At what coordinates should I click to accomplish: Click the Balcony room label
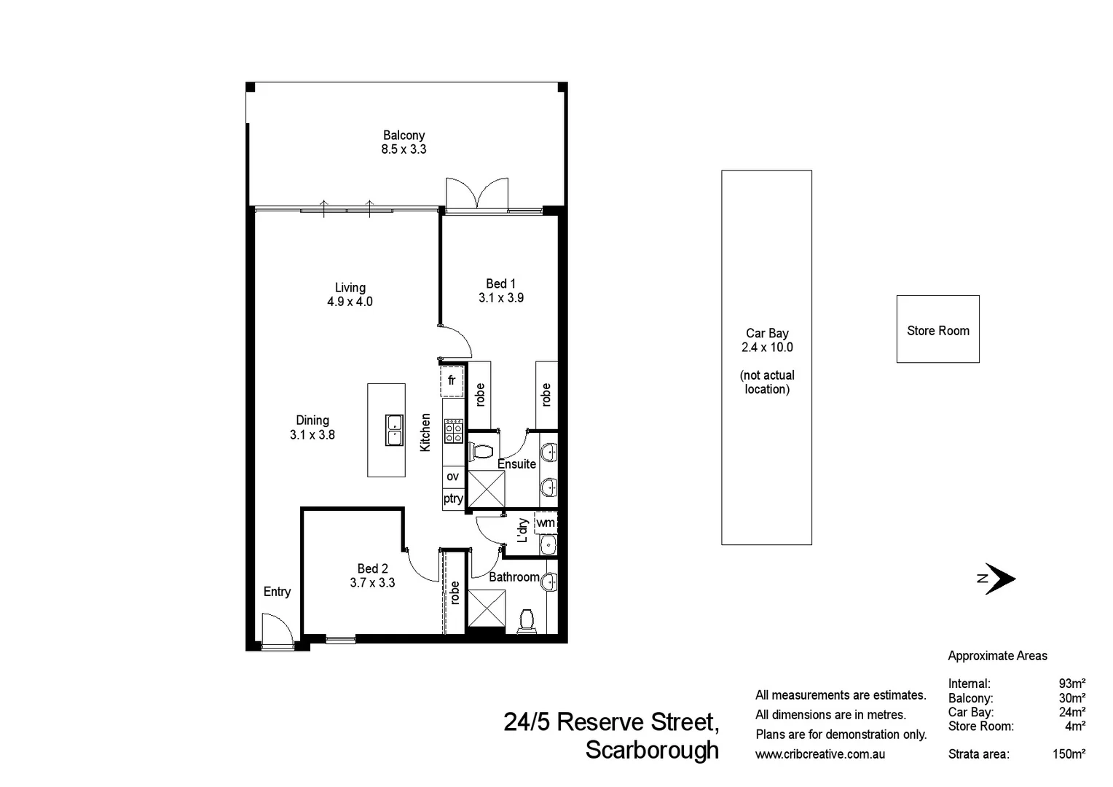click(x=404, y=135)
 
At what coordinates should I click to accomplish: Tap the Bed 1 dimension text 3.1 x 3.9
click(x=500, y=297)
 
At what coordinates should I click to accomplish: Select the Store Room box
click(x=937, y=329)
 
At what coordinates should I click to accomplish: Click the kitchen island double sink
click(x=394, y=430)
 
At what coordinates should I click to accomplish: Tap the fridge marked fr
click(x=452, y=380)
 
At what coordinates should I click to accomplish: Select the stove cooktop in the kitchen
click(x=453, y=431)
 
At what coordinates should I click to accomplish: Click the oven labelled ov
click(x=452, y=477)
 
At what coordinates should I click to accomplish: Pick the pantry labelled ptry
click(x=452, y=498)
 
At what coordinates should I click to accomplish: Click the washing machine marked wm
click(x=545, y=522)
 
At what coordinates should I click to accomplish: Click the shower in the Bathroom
click(x=486, y=607)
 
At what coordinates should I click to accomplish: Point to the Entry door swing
click(x=277, y=630)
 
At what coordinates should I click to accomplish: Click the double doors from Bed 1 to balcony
click(x=476, y=194)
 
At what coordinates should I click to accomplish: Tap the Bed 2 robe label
click(x=455, y=592)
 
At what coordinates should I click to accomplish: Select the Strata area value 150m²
click(x=1069, y=754)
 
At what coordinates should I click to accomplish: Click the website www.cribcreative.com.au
click(x=820, y=754)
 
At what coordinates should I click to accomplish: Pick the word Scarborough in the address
click(x=652, y=750)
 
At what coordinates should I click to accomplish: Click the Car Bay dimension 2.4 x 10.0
click(x=767, y=348)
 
